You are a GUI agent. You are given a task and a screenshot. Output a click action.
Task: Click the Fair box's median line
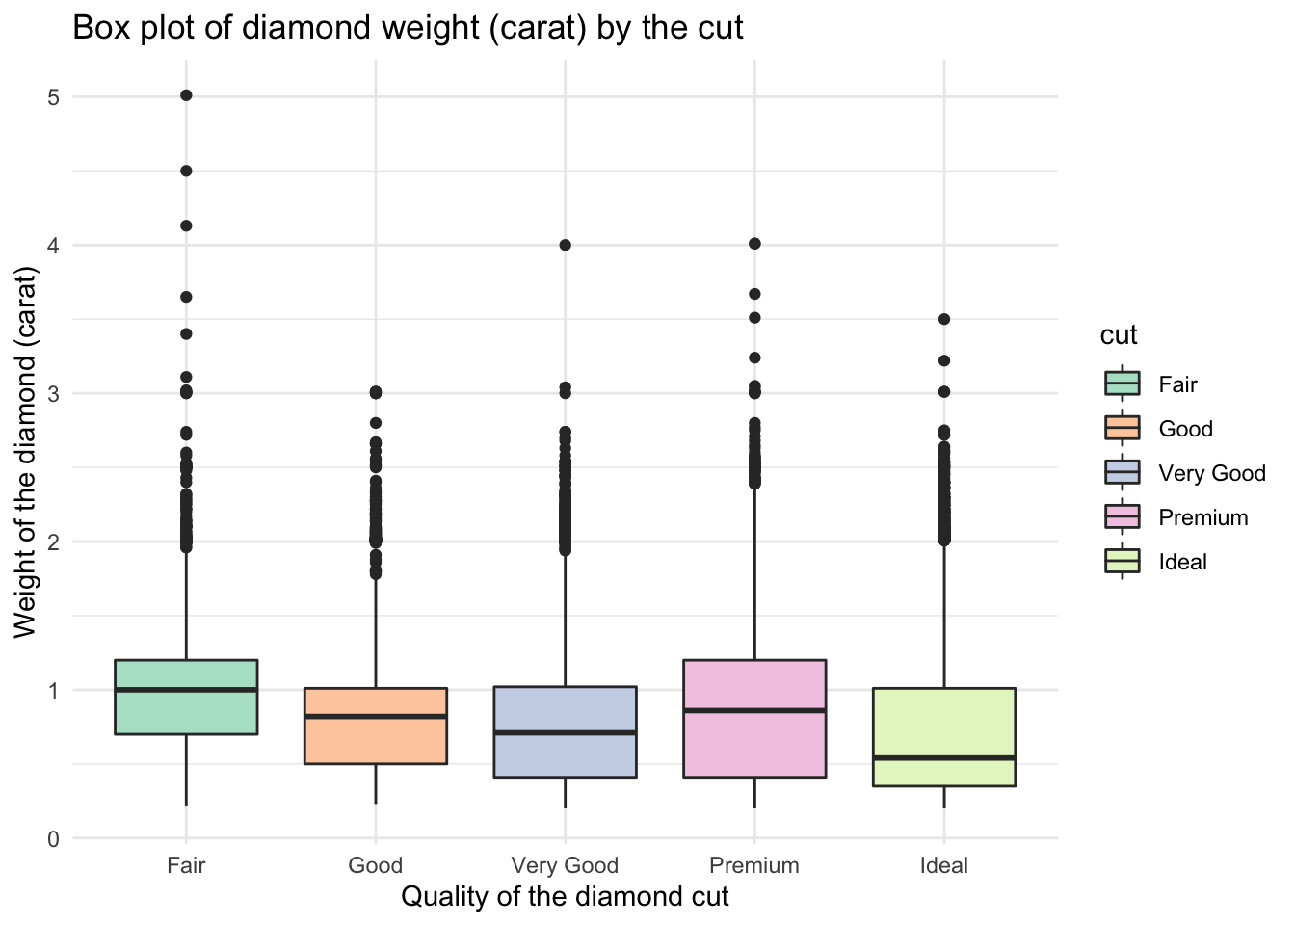(x=186, y=690)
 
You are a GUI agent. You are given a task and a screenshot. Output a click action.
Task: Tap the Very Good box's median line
(x=565, y=732)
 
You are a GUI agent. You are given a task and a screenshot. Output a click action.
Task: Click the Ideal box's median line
(x=944, y=758)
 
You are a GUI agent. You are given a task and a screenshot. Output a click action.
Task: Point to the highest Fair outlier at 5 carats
(x=186, y=95)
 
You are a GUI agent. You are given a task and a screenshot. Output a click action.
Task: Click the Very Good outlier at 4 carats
(x=566, y=245)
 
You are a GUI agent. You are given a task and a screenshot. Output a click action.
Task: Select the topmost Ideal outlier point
(x=944, y=319)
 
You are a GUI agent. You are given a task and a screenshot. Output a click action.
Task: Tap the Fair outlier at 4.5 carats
(x=186, y=171)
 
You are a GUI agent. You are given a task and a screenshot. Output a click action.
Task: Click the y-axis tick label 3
(x=54, y=393)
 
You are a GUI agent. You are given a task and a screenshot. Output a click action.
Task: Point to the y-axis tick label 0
(x=54, y=838)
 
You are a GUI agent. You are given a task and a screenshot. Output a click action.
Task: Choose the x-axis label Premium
(x=754, y=865)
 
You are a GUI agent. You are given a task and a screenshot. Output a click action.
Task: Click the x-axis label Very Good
(x=565, y=865)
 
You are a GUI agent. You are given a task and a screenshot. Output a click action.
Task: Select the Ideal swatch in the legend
(x=1122, y=562)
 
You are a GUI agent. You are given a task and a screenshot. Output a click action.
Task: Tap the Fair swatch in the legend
(x=1122, y=384)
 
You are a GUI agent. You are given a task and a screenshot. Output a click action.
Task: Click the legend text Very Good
(x=1212, y=473)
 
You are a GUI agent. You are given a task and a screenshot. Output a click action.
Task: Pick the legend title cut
(x=1120, y=335)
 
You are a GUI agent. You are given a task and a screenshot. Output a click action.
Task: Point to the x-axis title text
(x=565, y=897)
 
